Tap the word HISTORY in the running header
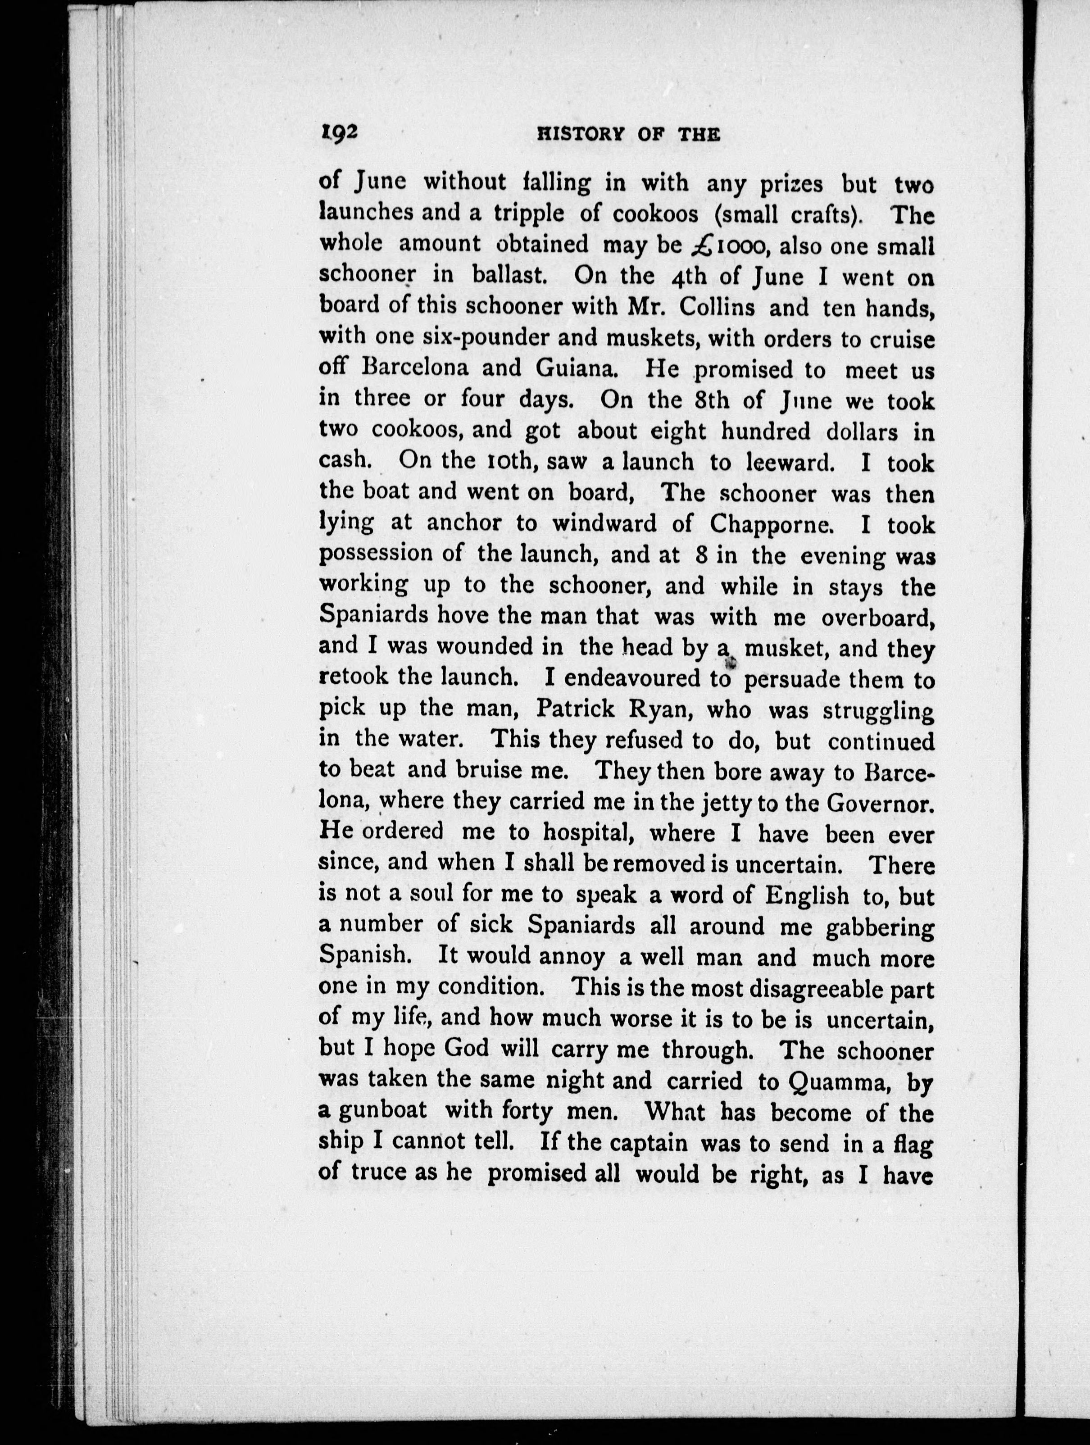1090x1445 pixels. pyautogui.click(x=575, y=135)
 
